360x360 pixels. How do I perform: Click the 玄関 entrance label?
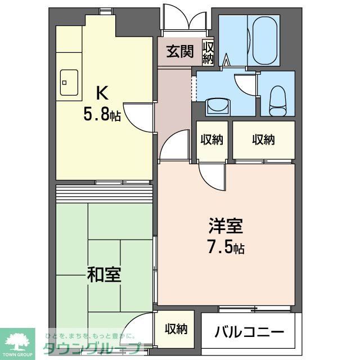pyautogui.click(x=179, y=52)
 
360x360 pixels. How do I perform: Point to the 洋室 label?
pyautogui.click(x=226, y=227)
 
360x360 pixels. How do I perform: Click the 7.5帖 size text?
pyautogui.click(x=227, y=247)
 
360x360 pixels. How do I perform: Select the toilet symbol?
pyautogui.click(x=277, y=100)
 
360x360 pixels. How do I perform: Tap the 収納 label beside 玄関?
pyautogui.click(x=208, y=52)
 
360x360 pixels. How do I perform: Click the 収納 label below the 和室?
pyautogui.click(x=175, y=329)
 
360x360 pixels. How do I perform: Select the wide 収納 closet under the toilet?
pyautogui.click(x=263, y=139)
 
